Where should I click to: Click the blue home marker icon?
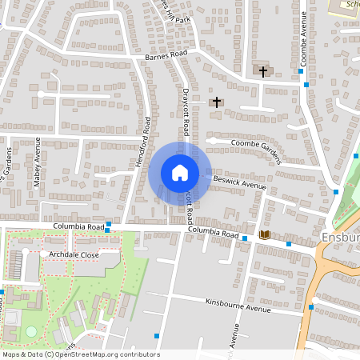coord(180,173)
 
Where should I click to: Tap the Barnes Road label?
coord(166,55)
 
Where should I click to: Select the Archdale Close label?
coord(73,254)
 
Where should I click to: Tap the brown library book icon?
coord(265,234)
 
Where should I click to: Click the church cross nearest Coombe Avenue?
coord(262,71)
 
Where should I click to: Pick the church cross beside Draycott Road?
coord(216,102)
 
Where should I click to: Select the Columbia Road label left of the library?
coord(214,233)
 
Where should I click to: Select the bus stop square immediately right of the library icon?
coord(289,243)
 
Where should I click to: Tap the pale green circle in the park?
coord(31,330)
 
